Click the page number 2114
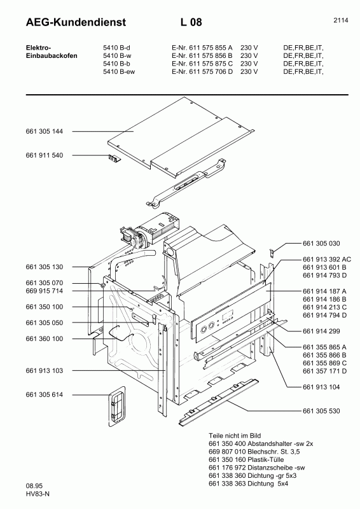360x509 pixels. (340, 20)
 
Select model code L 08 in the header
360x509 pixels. (191, 23)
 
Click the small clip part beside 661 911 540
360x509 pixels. (114, 158)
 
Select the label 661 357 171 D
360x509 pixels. (316, 370)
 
